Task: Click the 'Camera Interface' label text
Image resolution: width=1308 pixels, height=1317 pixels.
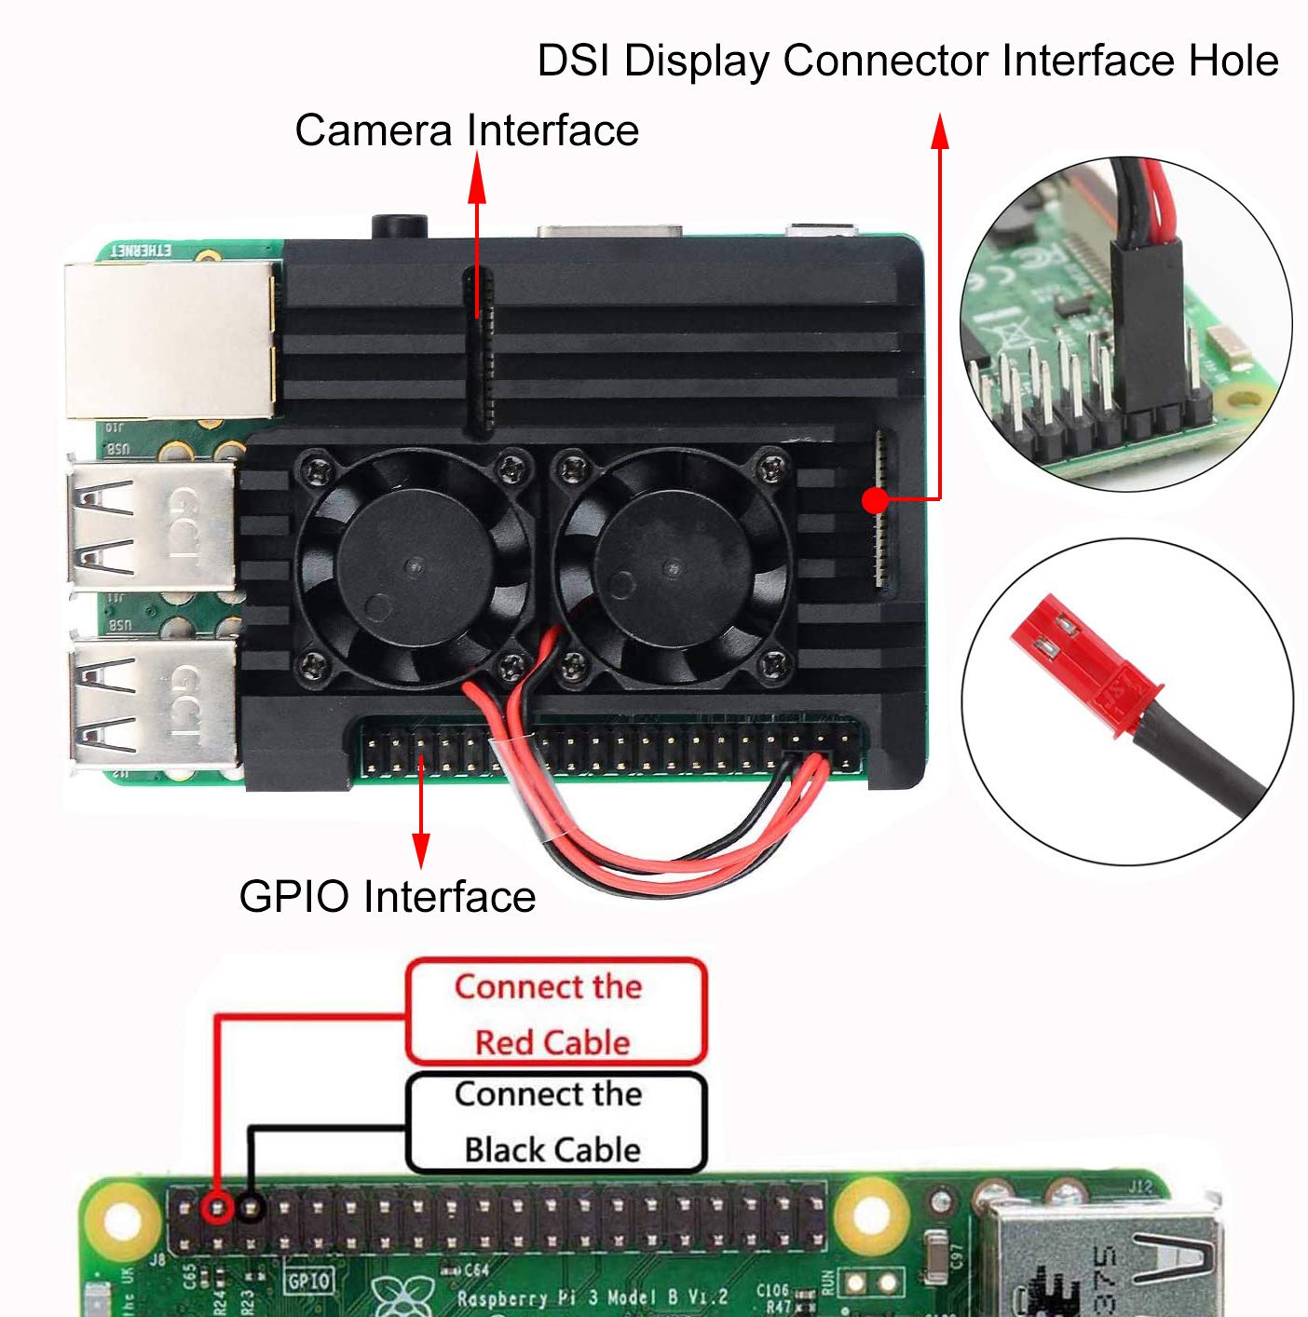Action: [x=467, y=130]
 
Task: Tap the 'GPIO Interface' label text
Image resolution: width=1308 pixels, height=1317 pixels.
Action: [x=387, y=897]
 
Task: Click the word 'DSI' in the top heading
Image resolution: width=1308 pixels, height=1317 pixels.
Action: [x=574, y=61]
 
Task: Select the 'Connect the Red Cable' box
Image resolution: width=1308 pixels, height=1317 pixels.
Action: [x=555, y=1013]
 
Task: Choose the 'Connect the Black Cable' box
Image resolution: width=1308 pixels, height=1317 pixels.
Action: [x=555, y=1122]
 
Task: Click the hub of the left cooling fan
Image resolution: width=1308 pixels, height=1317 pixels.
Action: [x=414, y=564]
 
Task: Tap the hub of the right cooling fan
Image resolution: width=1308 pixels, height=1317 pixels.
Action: [x=673, y=565]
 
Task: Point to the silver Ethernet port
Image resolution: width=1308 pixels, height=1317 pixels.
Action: [x=170, y=340]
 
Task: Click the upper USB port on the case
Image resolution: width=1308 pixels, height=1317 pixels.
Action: [x=152, y=526]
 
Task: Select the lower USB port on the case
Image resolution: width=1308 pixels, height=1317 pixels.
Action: [x=152, y=704]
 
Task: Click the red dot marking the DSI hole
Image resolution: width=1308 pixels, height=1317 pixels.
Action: [x=875, y=501]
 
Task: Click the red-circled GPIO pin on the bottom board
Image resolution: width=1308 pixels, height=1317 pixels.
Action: [x=217, y=1208]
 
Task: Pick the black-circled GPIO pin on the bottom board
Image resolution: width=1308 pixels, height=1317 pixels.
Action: [x=250, y=1208]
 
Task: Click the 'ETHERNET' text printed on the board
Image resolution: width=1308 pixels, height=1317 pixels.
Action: [x=142, y=251]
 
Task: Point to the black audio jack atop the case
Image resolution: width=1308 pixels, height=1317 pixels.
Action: [x=400, y=226]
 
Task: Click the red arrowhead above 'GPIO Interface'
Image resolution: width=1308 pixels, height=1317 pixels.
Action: [x=421, y=849]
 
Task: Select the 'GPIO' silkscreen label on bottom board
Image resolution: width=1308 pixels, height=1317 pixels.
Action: [x=308, y=1282]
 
